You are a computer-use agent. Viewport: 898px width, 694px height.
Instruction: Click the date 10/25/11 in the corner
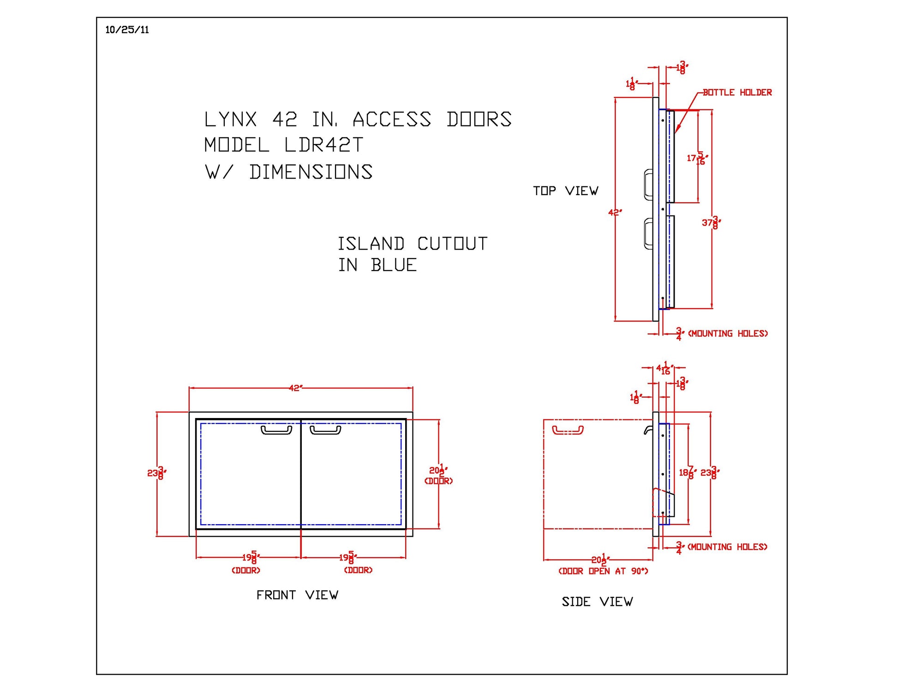click(x=127, y=30)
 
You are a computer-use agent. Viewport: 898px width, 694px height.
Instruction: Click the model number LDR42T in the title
click(x=323, y=145)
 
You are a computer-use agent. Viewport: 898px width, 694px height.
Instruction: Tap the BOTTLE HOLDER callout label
click(x=737, y=93)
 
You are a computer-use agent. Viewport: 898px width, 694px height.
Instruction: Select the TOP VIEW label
click(x=565, y=191)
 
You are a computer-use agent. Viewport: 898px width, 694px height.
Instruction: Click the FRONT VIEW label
click(x=297, y=595)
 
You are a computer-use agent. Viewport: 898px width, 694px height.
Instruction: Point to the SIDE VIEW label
click(x=597, y=602)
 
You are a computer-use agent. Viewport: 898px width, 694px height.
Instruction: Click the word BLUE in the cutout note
click(x=394, y=265)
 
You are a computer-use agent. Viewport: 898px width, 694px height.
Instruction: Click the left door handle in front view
click(x=276, y=430)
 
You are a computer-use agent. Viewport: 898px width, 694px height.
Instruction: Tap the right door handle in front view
click(x=325, y=430)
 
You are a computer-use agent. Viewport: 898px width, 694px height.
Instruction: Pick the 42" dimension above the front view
click(x=295, y=388)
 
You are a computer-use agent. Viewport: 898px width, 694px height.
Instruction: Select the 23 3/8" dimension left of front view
click(x=156, y=473)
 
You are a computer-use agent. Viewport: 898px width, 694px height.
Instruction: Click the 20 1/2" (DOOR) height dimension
click(x=438, y=474)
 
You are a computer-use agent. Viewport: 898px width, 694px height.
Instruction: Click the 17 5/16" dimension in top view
click(x=697, y=158)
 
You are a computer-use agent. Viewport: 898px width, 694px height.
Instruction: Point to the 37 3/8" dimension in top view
click(x=711, y=223)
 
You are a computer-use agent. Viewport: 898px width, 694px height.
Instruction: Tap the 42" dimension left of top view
click(x=615, y=213)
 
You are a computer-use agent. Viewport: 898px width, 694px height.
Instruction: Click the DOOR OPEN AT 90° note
click(x=603, y=571)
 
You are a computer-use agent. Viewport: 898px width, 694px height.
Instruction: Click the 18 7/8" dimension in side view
click(x=687, y=473)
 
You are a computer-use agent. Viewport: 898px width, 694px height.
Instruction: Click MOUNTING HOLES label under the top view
click(x=728, y=334)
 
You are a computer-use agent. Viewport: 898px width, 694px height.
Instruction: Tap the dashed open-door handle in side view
click(x=568, y=430)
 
